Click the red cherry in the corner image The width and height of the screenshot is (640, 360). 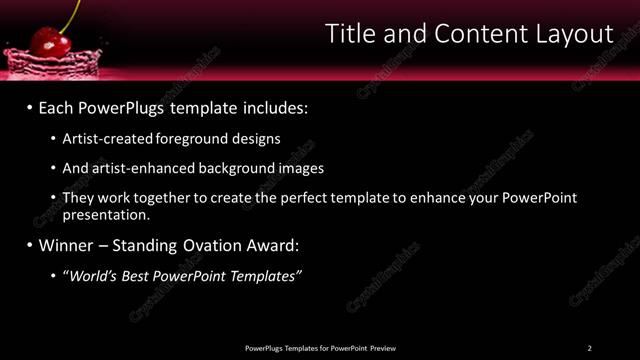(46, 41)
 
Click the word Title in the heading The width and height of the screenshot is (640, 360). (352, 34)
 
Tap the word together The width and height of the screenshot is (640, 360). (166, 198)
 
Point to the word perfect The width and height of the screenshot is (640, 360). (307, 198)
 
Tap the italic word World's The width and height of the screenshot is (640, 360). (91, 275)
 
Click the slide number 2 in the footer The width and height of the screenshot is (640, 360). (589, 348)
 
